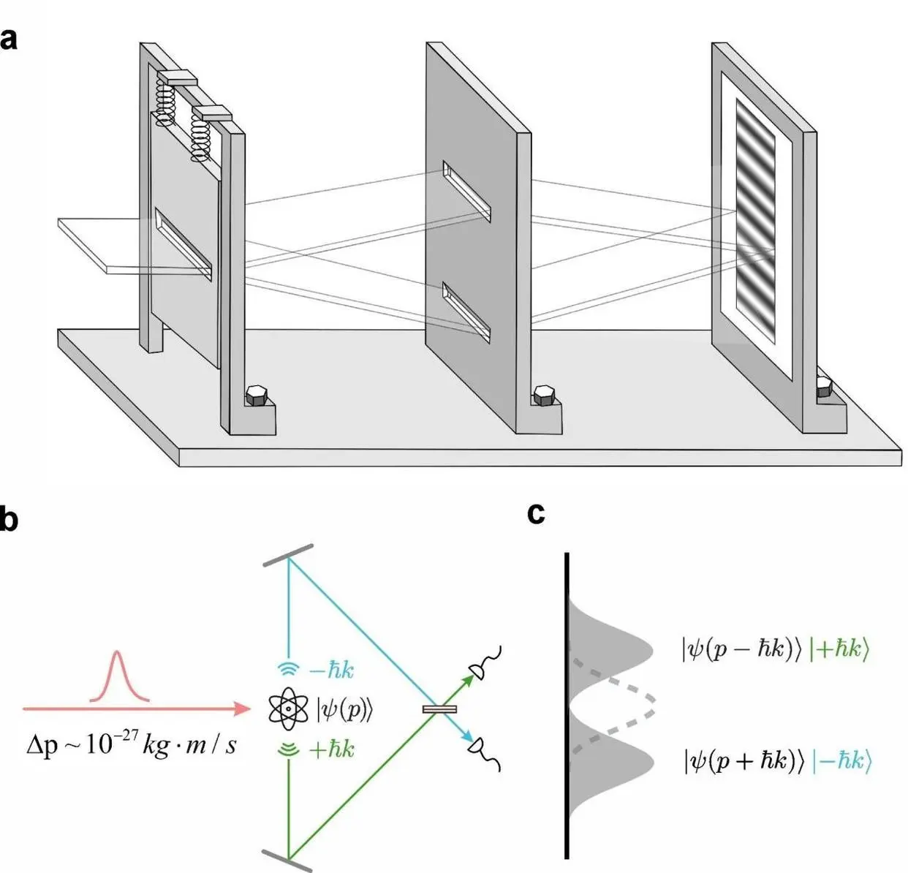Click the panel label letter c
coord(536,513)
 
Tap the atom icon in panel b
coord(290,708)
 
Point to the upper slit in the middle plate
coord(466,191)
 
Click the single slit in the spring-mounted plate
coord(184,243)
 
